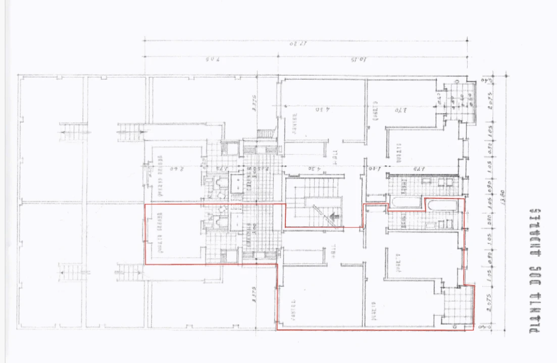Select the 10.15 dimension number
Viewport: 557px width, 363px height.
coord(359,60)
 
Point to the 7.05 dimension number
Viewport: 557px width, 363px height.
coord(212,60)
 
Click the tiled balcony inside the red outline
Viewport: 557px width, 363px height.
coord(458,306)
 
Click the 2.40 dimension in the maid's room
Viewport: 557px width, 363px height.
coord(177,168)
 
